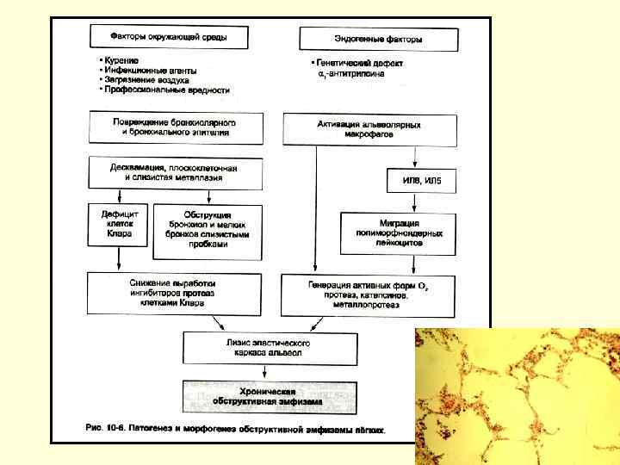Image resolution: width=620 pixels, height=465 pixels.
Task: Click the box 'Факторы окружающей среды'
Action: pyautogui.click(x=168, y=37)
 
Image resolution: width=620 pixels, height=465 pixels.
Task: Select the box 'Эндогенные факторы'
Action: pyautogui.click(x=377, y=39)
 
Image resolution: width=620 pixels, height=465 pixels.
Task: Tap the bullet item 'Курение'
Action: pyautogui.click(x=121, y=60)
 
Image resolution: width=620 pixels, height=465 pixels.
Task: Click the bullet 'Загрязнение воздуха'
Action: pyautogui.click(x=145, y=79)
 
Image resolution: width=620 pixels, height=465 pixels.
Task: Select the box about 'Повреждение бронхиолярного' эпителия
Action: pyautogui.click(x=174, y=127)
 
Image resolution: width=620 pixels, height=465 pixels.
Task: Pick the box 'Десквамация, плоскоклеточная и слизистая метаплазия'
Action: pyautogui.click(x=174, y=171)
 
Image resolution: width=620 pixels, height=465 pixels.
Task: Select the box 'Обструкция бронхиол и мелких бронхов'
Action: pyautogui.click(x=208, y=231)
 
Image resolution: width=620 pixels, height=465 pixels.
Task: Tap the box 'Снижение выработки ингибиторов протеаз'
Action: pyautogui.click(x=174, y=294)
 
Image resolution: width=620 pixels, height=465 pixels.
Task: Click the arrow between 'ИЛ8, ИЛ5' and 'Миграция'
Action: pyautogui.click(x=416, y=201)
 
